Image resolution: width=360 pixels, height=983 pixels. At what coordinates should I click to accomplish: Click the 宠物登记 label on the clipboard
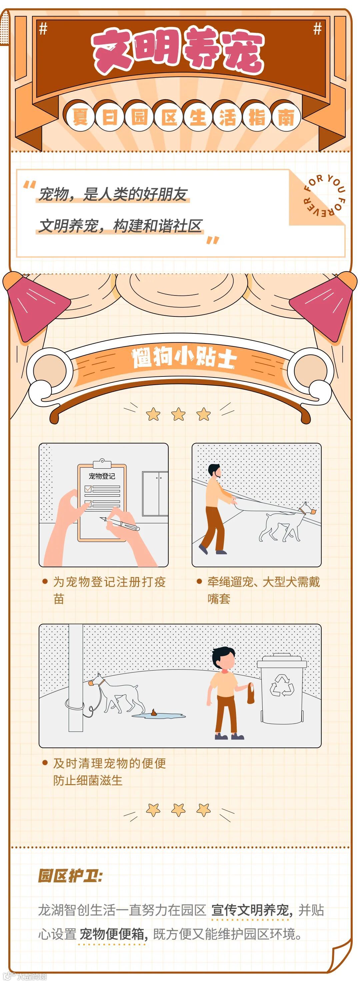click(x=102, y=476)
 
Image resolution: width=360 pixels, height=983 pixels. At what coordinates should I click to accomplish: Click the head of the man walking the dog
click(x=215, y=471)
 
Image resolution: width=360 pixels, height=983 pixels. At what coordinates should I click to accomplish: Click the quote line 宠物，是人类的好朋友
click(x=113, y=194)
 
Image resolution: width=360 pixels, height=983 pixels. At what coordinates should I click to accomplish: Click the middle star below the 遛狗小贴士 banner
click(x=178, y=414)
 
